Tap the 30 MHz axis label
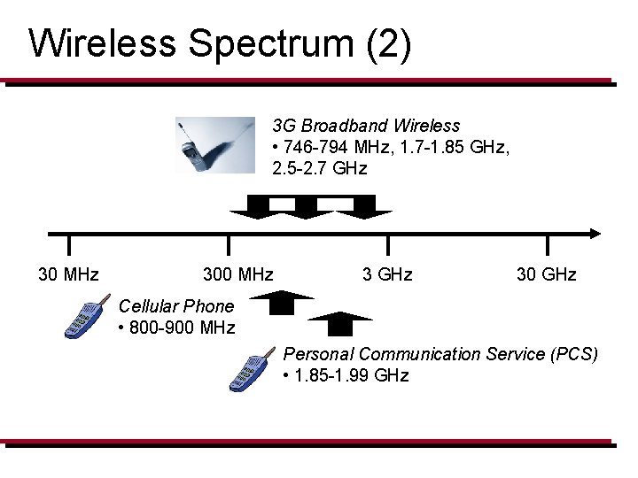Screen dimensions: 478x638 [68, 274]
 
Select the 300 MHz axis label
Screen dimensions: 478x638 [237, 274]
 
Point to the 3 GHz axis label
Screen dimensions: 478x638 [387, 274]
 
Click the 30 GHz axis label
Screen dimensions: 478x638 [546, 274]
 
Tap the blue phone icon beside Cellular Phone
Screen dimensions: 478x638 [82, 320]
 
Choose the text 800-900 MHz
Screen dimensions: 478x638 [182, 328]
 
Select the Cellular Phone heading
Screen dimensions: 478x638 [176, 306]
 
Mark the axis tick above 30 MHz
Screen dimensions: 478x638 [69, 245]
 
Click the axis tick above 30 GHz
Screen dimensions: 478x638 [547, 245]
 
